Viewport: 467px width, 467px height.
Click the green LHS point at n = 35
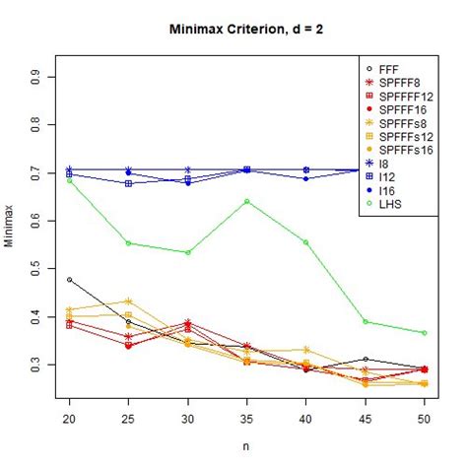(x=247, y=201)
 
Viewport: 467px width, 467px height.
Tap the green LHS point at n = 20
(x=69, y=180)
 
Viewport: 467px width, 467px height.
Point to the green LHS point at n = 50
(x=425, y=333)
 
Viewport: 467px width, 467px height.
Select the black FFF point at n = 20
(x=69, y=280)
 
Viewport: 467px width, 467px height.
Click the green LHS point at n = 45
(x=366, y=322)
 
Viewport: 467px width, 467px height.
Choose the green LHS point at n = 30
(x=188, y=252)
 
